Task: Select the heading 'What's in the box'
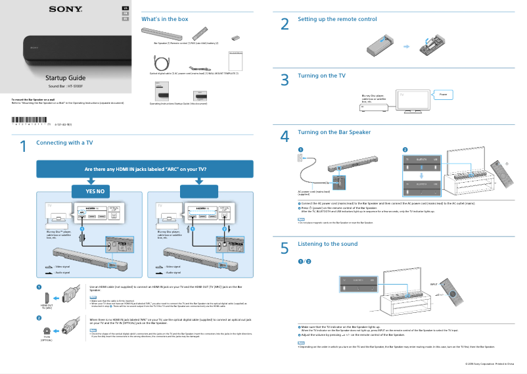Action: [165, 19]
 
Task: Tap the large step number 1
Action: [23, 147]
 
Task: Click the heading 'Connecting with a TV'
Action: [64, 143]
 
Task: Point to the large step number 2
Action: [285, 24]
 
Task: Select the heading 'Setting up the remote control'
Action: [337, 20]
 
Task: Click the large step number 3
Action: [285, 80]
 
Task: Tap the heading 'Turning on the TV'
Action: [321, 76]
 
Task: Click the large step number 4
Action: [285, 137]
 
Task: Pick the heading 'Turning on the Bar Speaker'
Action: [334, 132]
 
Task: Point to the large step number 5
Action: [285, 248]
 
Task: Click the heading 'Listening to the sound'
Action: [327, 244]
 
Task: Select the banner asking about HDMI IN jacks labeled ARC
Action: [145, 169]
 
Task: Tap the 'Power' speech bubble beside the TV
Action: [443, 95]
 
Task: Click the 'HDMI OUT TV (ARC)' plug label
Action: [46, 307]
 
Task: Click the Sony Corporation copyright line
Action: [489, 363]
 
